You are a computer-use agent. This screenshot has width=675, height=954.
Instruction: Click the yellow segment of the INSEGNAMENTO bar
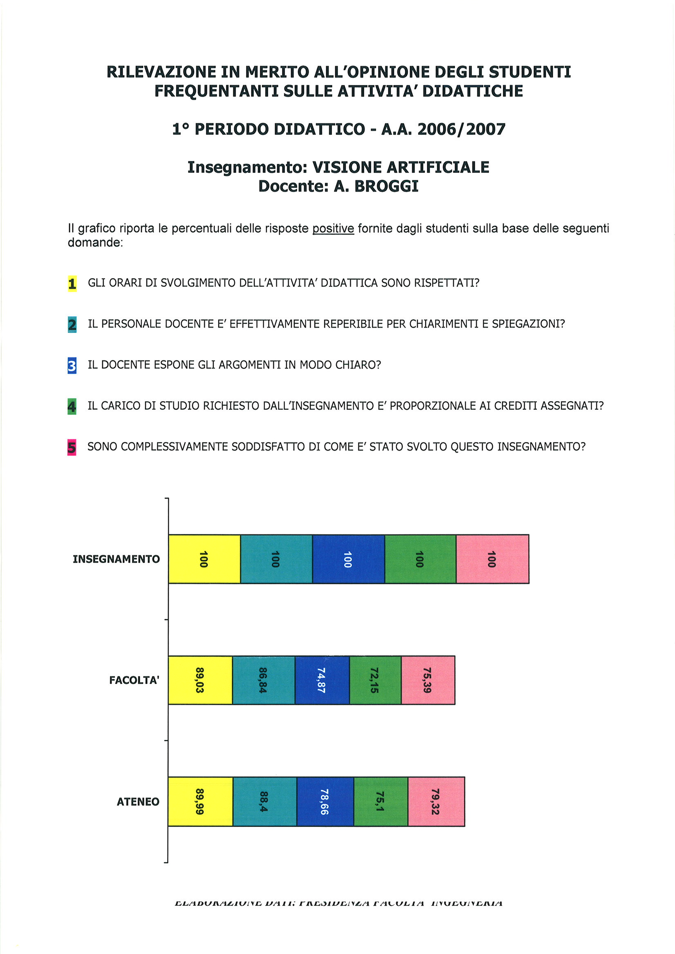point(204,559)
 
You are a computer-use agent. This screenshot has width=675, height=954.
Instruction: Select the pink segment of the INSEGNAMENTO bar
point(492,559)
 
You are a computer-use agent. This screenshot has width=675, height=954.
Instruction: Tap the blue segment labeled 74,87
point(322,680)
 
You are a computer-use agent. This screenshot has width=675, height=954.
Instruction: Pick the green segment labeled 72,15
point(375,680)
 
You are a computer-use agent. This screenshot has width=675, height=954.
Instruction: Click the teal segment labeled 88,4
point(265,801)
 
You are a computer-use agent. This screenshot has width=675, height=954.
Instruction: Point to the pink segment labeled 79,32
point(436,801)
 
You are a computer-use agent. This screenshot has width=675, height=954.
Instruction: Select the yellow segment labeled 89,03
point(200,680)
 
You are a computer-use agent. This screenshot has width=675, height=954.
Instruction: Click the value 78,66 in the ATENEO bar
point(324,802)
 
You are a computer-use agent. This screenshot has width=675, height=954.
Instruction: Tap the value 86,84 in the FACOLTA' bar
point(263,680)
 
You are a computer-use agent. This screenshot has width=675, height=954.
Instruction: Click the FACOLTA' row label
point(134,680)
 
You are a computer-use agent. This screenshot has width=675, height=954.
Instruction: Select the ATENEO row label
point(138,802)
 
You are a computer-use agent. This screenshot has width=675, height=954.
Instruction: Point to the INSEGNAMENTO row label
point(116,559)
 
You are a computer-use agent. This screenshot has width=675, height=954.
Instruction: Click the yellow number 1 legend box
point(72,284)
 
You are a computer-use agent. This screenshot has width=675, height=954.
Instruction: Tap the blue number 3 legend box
point(72,366)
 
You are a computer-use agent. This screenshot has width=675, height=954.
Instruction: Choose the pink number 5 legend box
point(72,447)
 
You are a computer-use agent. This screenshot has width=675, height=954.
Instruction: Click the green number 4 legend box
point(72,407)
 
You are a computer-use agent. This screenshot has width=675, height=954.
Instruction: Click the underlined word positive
point(333,228)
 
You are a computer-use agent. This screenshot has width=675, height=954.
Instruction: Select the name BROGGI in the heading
point(386,186)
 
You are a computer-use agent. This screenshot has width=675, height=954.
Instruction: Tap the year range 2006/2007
point(461,129)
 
